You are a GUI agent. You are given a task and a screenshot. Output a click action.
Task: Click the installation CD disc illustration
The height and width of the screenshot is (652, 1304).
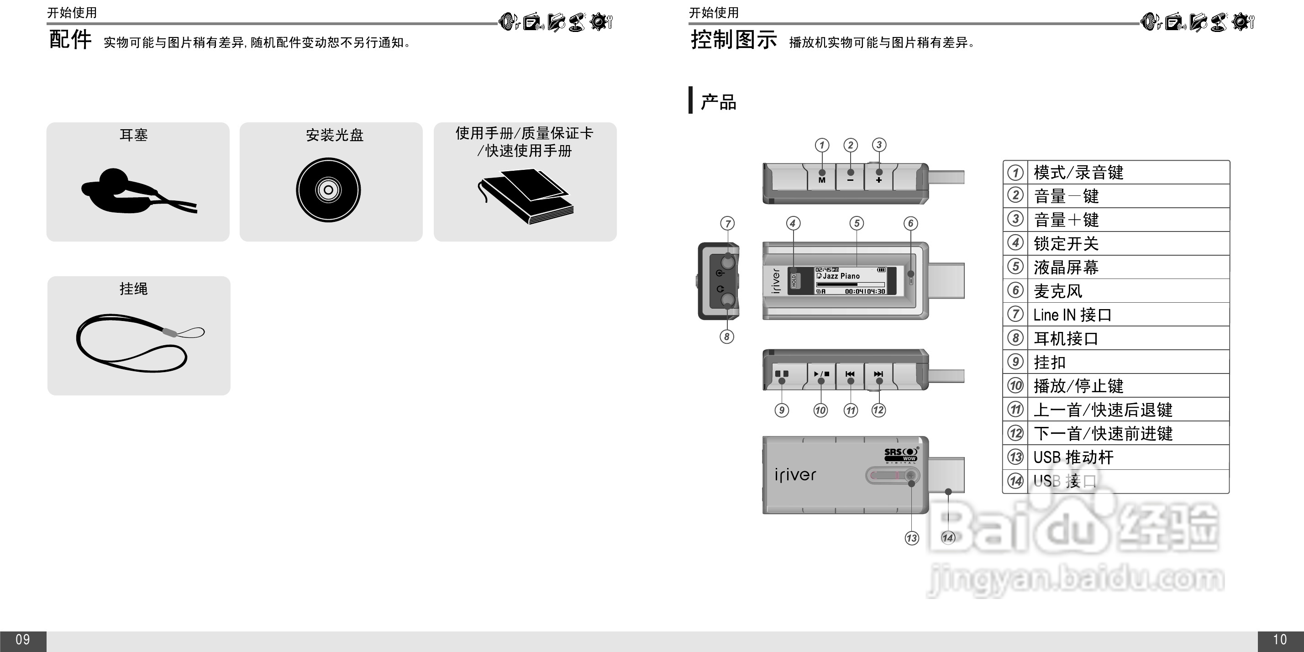328,190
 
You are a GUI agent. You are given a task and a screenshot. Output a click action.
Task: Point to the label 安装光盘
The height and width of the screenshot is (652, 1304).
335,135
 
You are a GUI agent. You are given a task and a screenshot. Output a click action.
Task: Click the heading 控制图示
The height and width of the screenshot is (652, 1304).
733,39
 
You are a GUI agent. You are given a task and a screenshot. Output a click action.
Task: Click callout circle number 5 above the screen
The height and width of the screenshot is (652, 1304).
857,223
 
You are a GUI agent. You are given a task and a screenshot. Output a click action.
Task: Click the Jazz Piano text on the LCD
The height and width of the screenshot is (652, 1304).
841,276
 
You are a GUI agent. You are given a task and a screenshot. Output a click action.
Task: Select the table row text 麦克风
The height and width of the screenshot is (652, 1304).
1057,291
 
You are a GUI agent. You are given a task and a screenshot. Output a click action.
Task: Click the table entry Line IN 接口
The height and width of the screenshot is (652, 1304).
1072,315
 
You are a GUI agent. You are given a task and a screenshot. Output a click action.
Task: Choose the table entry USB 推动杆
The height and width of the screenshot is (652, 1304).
1073,457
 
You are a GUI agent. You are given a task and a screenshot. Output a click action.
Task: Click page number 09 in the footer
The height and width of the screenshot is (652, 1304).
23,640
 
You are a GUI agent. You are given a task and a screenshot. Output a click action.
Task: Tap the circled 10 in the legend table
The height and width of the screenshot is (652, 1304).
1015,386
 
